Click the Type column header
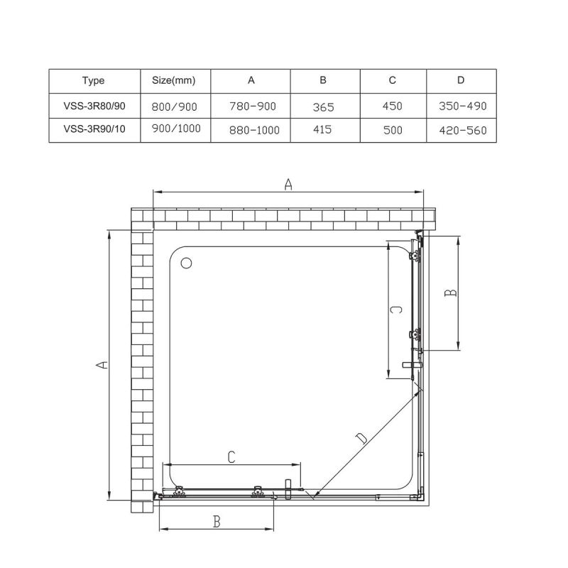click(93, 80)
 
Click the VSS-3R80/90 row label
click(93, 105)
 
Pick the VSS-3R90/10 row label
click(93, 129)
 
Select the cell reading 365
click(324, 106)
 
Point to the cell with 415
click(324, 131)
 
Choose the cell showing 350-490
click(463, 106)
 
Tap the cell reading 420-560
click(463, 131)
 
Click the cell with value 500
click(392, 131)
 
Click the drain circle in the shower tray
click(187, 263)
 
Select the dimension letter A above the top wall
click(288, 185)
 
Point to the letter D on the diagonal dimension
click(362, 439)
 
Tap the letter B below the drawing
click(217, 522)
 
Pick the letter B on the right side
click(450, 293)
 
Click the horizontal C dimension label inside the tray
click(231, 458)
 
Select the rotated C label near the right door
click(398, 310)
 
